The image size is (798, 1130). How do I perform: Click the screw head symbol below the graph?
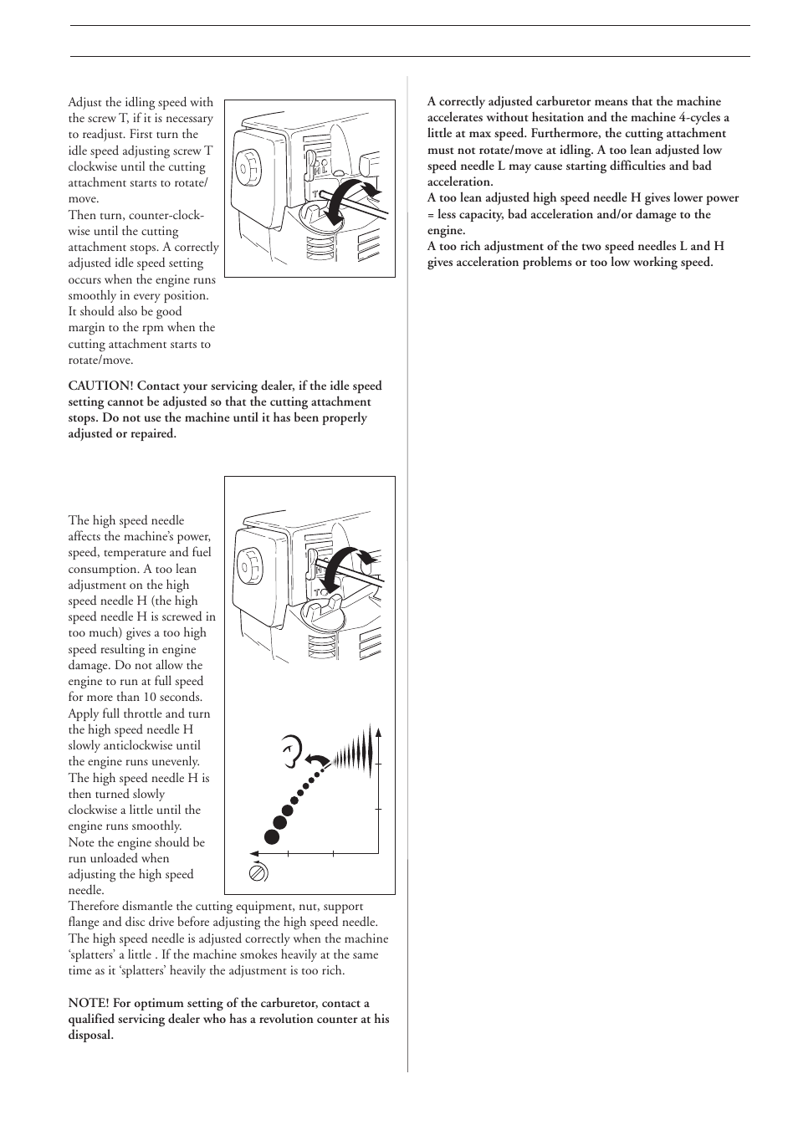tap(258, 872)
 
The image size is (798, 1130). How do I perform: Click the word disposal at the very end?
tap(90, 1035)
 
